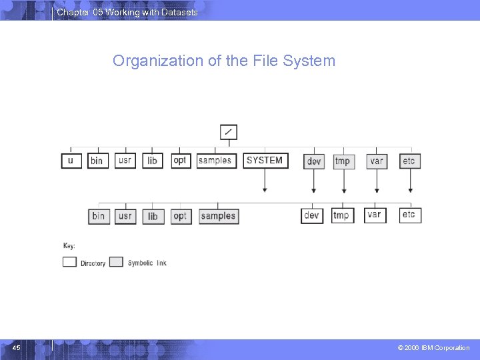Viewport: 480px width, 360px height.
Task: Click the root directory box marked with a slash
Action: point(228,132)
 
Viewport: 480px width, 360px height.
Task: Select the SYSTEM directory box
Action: point(265,161)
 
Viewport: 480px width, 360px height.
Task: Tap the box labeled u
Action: point(71,161)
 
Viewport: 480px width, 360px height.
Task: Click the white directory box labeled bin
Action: point(97,161)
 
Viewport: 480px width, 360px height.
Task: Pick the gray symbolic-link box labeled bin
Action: point(99,216)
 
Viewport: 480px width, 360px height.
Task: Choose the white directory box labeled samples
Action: point(216,161)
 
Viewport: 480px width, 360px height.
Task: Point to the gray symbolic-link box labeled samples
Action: point(219,216)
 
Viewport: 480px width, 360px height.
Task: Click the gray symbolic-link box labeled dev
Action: point(314,161)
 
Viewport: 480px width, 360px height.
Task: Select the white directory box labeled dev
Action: point(312,215)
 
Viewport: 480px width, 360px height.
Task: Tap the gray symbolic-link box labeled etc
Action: point(409,161)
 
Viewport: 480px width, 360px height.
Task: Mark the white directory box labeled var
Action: point(375,215)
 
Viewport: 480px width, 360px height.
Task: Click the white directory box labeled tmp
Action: point(341,215)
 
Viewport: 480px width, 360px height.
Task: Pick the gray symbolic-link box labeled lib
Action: point(153,216)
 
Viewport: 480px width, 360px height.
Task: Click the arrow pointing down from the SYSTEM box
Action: point(265,181)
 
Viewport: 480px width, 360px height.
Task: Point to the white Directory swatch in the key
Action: point(69,262)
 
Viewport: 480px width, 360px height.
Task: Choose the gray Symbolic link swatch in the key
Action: point(116,262)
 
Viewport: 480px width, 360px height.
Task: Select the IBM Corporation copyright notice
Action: point(434,348)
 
